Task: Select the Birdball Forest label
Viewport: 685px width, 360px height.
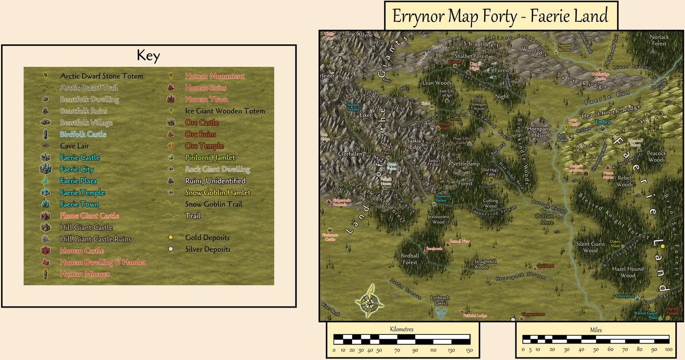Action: point(410,259)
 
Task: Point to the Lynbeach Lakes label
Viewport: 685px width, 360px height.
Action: point(440,300)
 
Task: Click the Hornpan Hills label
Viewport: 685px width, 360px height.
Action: point(537,132)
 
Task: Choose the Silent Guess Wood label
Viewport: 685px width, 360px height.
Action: point(590,247)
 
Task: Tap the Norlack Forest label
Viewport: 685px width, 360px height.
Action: point(659,40)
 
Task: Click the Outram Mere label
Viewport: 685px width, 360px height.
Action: point(545,219)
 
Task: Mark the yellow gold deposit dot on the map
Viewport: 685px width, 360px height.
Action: point(663,246)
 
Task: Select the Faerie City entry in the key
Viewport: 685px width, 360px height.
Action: point(77,169)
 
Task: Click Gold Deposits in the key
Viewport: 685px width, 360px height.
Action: point(207,238)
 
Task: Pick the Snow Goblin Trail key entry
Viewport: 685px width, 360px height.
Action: point(214,204)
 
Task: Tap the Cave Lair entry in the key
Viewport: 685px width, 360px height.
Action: point(74,145)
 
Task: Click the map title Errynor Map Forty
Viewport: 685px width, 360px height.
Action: point(500,16)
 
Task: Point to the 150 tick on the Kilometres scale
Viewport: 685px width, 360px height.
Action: point(470,350)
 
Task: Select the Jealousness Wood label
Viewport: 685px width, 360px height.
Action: point(438,219)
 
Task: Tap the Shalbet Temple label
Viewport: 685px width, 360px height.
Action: point(353,107)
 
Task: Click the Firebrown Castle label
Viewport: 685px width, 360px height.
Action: point(330,236)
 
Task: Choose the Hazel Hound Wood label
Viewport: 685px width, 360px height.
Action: point(628,272)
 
